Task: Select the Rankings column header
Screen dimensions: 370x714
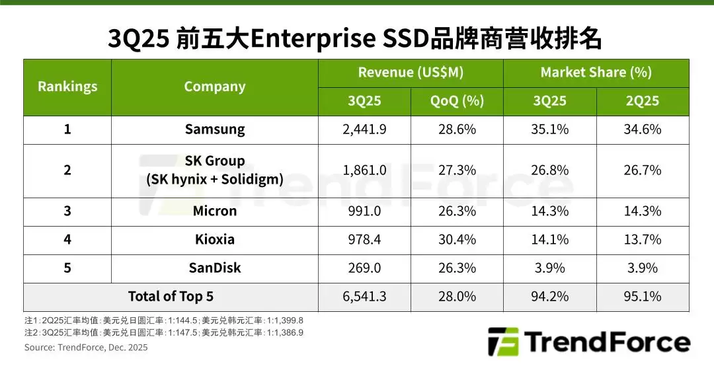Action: (x=67, y=87)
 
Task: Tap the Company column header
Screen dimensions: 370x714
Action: (x=214, y=87)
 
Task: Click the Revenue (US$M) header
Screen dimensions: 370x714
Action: (x=411, y=73)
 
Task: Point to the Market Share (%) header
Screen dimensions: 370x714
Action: (x=596, y=73)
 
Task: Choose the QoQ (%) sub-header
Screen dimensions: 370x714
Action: (x=457, y=101)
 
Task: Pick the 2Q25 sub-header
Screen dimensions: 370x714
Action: (x=642, y=101)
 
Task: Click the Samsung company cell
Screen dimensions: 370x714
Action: (x=214, y=129)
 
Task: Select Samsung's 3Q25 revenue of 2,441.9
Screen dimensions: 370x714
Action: (x=364, y=129)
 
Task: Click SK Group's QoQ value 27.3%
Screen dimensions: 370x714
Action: (x=457, y=170)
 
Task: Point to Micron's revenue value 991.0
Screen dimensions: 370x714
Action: (x=364, y=211)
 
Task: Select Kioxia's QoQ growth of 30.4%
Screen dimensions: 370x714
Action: (x=457, y=239)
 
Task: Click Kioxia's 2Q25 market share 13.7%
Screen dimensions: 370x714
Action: (x=642, y=239)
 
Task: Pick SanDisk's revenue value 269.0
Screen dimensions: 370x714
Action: (x=364, y=268)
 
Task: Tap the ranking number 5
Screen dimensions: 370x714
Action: (x=67, y=268)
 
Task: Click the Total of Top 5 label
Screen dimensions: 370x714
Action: (x=171, y=297)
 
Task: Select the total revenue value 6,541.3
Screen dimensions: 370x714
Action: (x=364, y=297)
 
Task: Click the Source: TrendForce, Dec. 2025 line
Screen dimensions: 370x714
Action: (x=86, y=348)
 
